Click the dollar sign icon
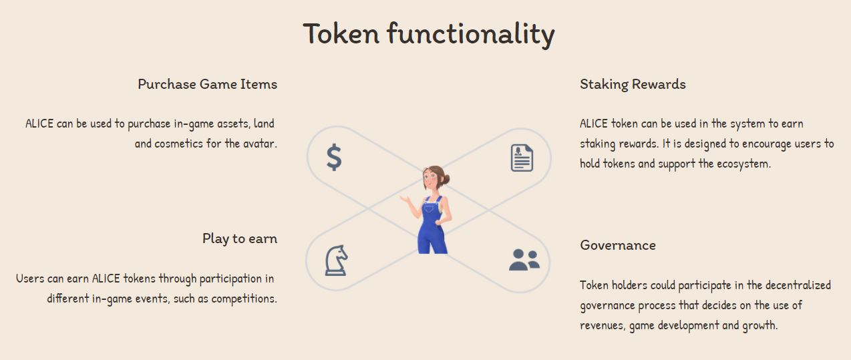(x=334, y=157)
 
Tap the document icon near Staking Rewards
(x=522, y=158)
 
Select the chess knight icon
(x=336, y=260)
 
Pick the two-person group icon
(x=524, y=260)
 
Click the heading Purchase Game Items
(x=208, y=84)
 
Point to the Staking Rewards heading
(x=633, y=84)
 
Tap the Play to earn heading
(x=240, y=238)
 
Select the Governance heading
(x=618, y=245)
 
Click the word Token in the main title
(x=341, y=33)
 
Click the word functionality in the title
(x=471, y=35)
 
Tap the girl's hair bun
(x=446, y=179)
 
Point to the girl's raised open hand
(x=405, y=198)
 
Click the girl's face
(x=430, y=179)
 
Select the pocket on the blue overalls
(x=430, y=208)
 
